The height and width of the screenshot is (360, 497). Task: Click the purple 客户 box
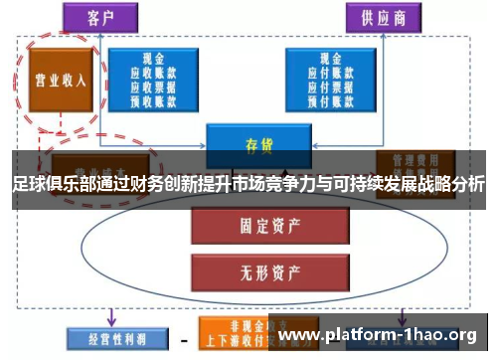coord(98,16)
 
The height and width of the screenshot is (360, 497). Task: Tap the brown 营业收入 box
coord(57,81)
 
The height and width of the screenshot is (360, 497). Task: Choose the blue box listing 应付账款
coord(327,78)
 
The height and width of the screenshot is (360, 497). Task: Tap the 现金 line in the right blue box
coord(327,58)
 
